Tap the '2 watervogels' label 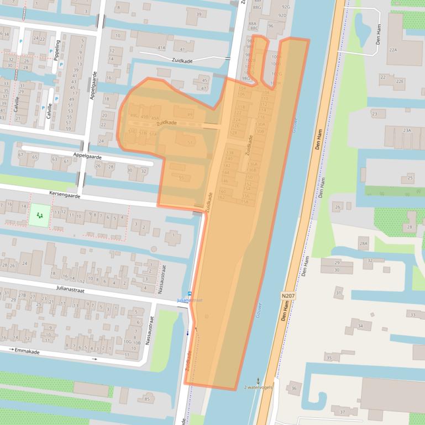pos(259,388)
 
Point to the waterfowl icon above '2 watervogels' pos(258,380)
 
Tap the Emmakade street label pos(29,350)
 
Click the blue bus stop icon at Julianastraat pos(190,294)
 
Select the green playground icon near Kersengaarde pos(39,214)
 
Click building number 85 pos(146,399)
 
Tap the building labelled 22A pos(393,50)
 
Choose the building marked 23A pos(407,130)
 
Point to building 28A pos(363,243)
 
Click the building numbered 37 pos(342,412)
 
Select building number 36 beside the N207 pos(293,389)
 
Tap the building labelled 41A pos(161,48)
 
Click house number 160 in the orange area pos(222,192)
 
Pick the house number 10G pos(128,342)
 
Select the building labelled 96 pos(270,26)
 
